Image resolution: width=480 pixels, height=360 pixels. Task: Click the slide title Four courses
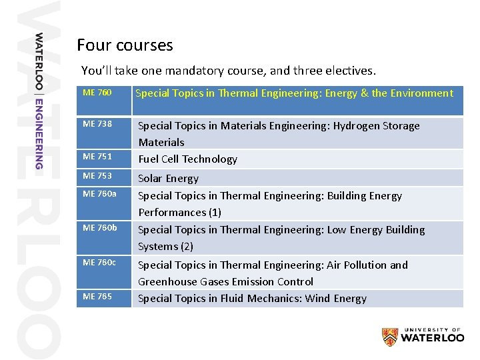(125, 45)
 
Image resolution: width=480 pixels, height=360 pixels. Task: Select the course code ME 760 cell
(97, 93)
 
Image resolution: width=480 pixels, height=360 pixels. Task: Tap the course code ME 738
(97, 124)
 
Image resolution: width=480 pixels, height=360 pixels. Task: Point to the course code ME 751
(97, 157)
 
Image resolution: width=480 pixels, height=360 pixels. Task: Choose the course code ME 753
(97, 176)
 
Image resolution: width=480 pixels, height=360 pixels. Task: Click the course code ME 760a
(99, 194)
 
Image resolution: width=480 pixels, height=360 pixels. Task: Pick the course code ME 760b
(99, 228)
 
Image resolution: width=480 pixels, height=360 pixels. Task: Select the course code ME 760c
(99, 263)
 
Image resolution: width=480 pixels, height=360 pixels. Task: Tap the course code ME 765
(97, 297)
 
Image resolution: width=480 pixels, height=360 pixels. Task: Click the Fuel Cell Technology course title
(187, 159)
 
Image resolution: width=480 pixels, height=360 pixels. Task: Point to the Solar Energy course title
(168, 179)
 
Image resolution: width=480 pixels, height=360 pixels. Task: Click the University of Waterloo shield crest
(390, 337)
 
